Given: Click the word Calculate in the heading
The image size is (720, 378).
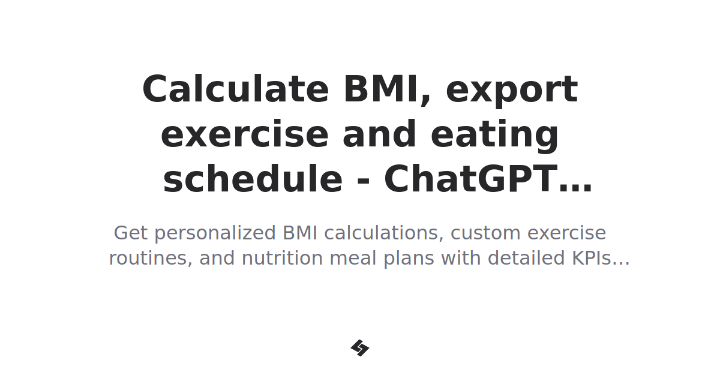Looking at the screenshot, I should [x=235, y=90].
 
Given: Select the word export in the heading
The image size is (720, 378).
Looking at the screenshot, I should [x=512, y=90].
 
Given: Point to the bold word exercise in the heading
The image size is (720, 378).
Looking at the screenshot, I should [x=245, y=135].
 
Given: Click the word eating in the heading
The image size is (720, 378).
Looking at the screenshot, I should [x=495, y=135].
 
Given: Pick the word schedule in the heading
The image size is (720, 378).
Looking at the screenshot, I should [x=253, y=180].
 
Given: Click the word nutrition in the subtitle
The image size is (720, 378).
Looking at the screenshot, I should [x=277, y=259].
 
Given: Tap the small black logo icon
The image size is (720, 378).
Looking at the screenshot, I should [x=360, y=348].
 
